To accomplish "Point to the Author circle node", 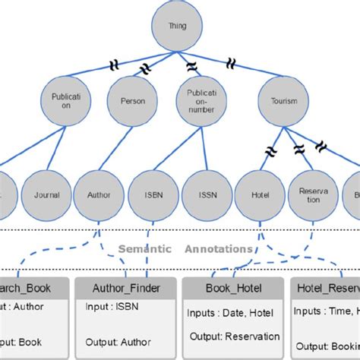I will (99, 194).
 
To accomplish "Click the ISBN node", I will (153, 194).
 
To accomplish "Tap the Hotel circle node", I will (260, 194).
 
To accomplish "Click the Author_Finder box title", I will (126, 289).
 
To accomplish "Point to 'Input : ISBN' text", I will (112, 308).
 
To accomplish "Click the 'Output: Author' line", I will (118, 341).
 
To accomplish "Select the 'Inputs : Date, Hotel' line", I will (229, 313).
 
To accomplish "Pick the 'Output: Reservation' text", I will (234, 336).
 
